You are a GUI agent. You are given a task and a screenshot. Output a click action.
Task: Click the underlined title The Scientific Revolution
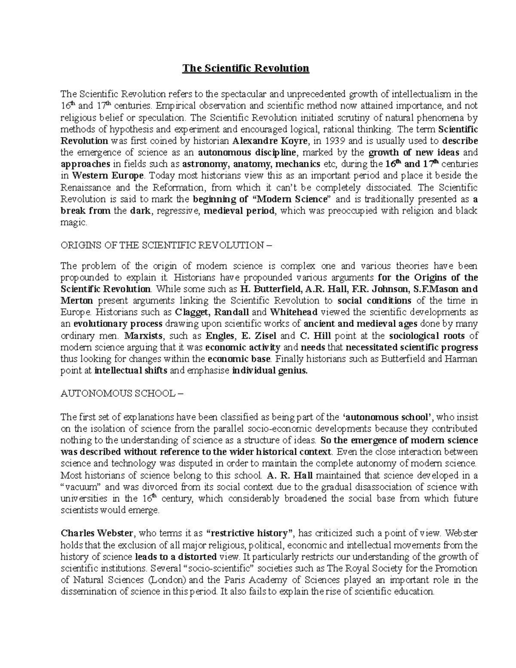246,68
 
